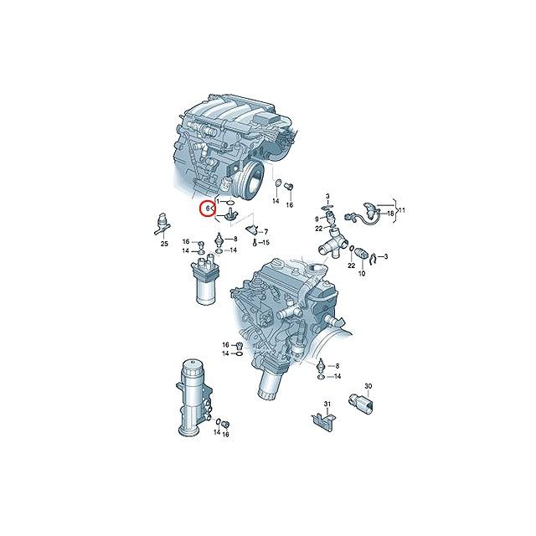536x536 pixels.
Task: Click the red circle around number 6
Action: click(206, 209)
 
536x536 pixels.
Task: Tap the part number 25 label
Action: click(164, 244)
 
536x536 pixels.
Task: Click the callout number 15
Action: click(265, 242)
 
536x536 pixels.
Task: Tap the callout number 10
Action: click(363, 274)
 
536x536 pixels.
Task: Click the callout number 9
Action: click(317, 218)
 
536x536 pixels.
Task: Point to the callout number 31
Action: click(327, 405)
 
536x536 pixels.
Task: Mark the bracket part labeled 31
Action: click(320, 421)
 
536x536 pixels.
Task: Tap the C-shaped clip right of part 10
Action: click(375, 255)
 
